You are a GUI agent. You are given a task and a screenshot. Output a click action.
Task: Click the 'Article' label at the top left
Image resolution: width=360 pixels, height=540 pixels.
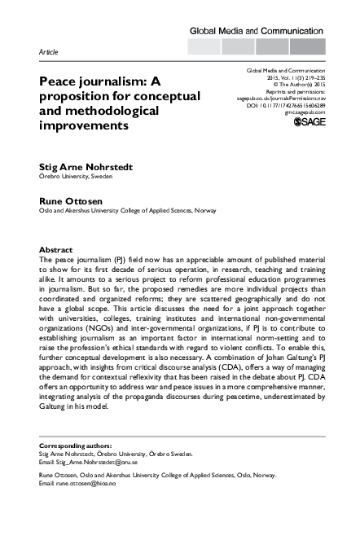click(50, 50)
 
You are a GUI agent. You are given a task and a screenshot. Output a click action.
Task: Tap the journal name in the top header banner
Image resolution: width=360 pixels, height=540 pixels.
click(257, 30)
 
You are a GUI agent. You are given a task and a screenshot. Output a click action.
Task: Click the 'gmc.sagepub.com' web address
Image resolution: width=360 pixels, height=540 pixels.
click(298, 112)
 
